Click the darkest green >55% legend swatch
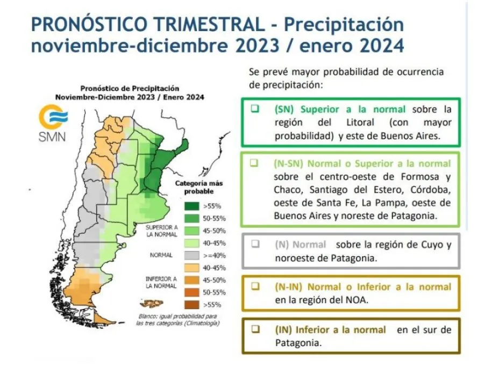click(191, 206)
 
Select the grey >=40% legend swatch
click(191, 255)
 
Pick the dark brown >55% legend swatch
click(191, 305)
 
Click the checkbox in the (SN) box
click(255, 109)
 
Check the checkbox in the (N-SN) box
click(254, 163)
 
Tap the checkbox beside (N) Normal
click(255, 243)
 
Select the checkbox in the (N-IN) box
click(255, 286)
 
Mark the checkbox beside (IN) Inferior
click(255, 329)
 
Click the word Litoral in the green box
click(360, 123)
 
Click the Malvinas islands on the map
click(152, 304)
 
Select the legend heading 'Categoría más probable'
click(199, 187)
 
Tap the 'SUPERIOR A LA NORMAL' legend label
click(162, 231)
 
